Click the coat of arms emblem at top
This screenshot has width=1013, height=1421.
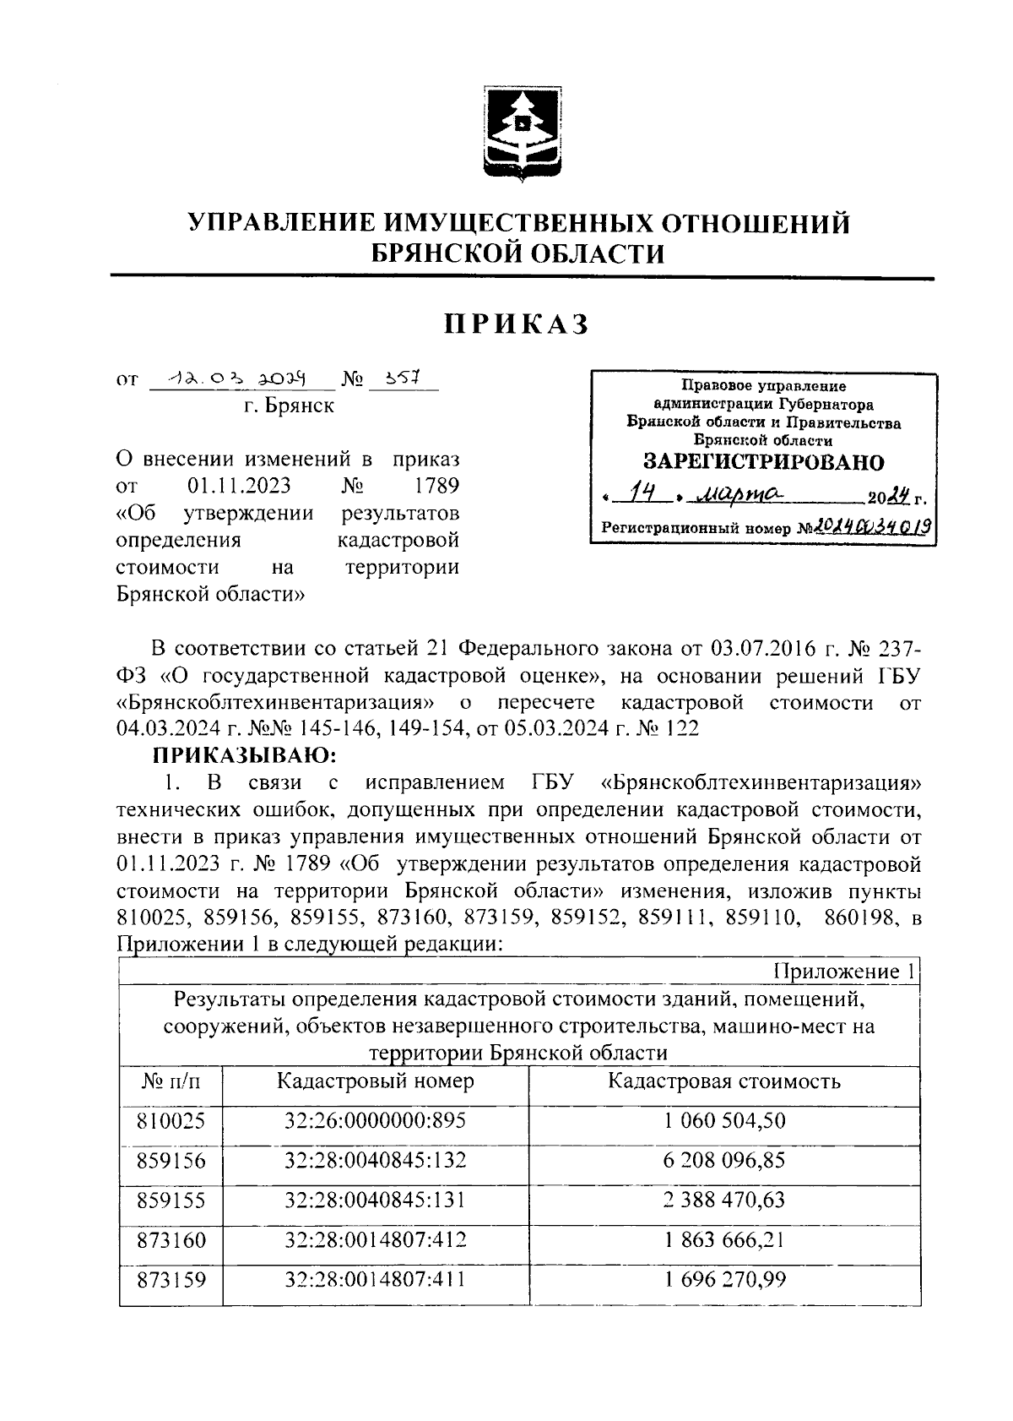pos(520,134)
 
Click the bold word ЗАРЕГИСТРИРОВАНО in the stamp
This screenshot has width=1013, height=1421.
pos(763,462)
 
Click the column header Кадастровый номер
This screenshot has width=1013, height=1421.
pos(375,1081)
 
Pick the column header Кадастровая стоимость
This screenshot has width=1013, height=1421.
pos(723,1081)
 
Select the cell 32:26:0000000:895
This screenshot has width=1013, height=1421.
pos(375,1120)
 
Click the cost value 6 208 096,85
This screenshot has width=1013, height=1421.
pos(723,1160)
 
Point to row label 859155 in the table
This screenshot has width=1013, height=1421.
pos(171,1200)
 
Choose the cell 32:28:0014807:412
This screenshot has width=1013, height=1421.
pos(375,1239)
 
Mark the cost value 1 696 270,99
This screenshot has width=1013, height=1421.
pos(723,1279)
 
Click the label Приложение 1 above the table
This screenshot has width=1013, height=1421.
pos(843,972)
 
